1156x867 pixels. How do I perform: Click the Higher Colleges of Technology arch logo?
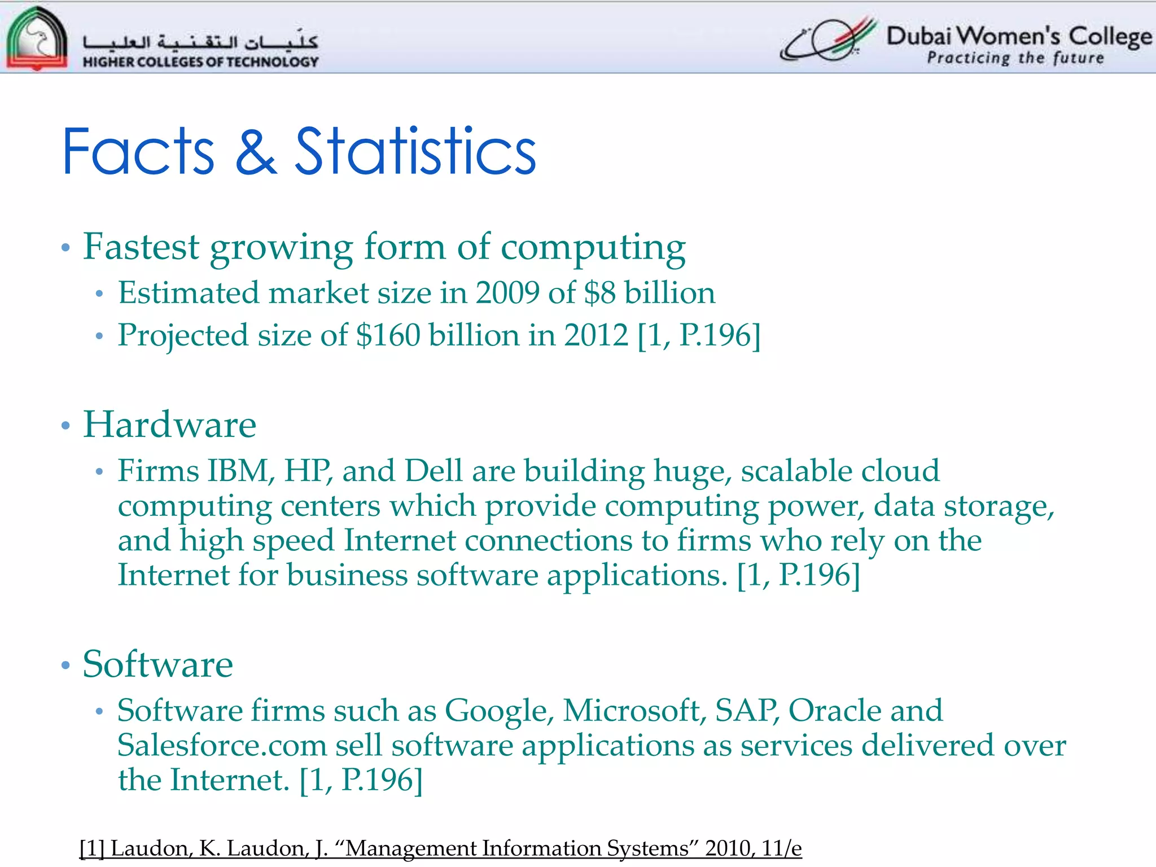(x=37, y=38)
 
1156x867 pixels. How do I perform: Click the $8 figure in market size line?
(x=599, y=294)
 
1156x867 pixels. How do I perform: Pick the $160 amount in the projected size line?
(x=388, y=335)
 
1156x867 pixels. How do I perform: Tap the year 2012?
(x=596, y=335)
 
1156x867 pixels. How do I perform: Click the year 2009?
(x=507, y=294)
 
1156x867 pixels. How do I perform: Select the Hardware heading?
(x=169, y=424)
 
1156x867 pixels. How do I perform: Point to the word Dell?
(x=433, y=471)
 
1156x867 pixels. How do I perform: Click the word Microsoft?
(x=634, y=710)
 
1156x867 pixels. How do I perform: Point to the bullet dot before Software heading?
(x=65, y=665)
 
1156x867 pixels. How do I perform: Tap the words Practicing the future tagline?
(x=1015, y=58)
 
